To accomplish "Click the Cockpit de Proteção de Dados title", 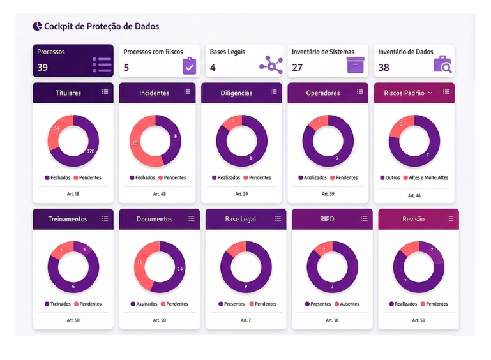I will point(102,27).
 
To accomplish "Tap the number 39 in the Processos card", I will point(43,68).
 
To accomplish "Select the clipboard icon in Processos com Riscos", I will point(189,66).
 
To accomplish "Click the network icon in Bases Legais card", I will point(271,64).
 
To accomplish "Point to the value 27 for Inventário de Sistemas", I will point(298,68).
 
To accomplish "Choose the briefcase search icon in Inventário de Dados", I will point(442,65).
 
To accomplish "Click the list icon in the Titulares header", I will point(105,93).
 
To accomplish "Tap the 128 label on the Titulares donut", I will point(91,151).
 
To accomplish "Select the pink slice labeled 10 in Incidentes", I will point(135,142).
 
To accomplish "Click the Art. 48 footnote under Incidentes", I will point(160,193).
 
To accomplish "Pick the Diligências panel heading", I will point(237,93).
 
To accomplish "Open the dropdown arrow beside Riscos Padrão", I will point(430,93).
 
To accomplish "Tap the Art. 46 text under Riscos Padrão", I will point(414,195).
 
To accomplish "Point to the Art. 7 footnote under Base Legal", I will point(246,320).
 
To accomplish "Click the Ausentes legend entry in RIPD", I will point(349,304).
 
